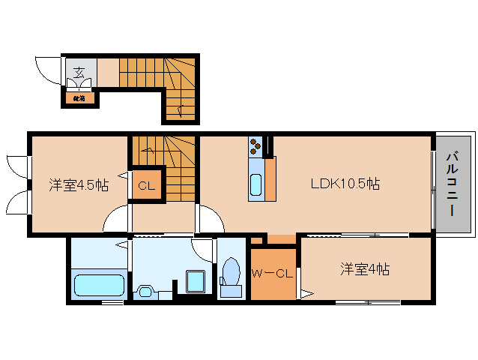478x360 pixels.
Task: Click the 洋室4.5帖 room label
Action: point(79,184)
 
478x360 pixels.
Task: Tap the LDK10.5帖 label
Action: point(345,184)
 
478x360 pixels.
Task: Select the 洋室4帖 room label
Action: point(364,268)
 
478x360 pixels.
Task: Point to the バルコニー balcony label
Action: point(453,184)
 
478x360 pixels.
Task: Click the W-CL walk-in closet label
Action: point(271,273)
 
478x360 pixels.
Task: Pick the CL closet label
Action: point(145,186)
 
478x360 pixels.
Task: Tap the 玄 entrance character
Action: point(79,73)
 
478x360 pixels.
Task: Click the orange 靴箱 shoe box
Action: point(79,97)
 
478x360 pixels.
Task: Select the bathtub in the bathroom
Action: point(98,286)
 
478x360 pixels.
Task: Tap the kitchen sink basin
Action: point(255,184)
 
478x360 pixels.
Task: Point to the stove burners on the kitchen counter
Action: point(255,143)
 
